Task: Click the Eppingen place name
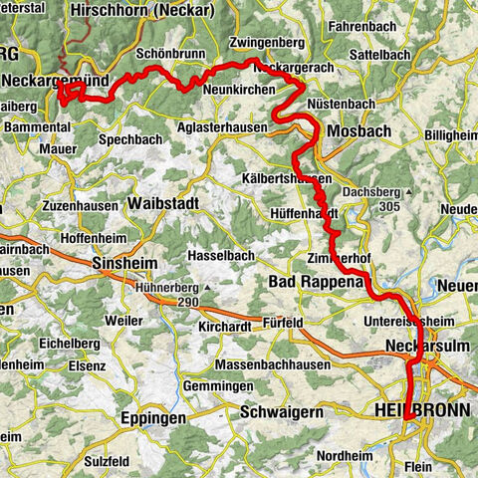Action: pyautogui.click(x=153, y=419)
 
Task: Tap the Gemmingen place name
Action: pyautogui.click(x=218, y=385)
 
